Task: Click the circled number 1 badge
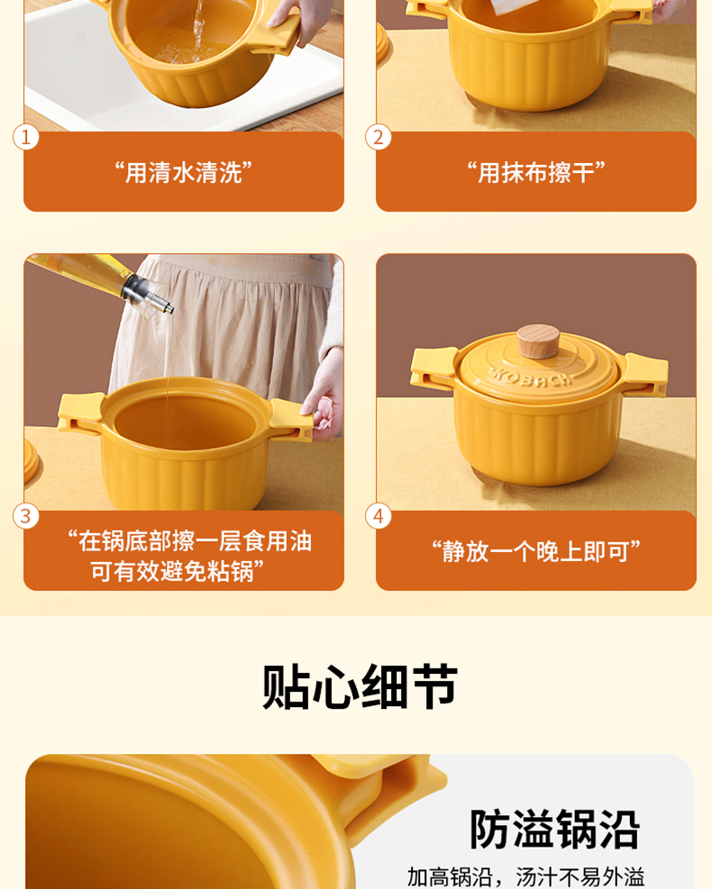pos(25,137)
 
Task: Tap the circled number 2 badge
pos(379,137)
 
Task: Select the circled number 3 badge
pos(25,516)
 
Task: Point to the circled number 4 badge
pos(379,516)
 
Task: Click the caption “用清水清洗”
pos(183,172)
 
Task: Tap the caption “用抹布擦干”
pos(536,172)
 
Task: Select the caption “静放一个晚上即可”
pos(536,550)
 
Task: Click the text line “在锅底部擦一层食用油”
pos(190,541)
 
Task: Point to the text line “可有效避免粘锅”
pos(178,571)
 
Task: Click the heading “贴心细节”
pos(360,686)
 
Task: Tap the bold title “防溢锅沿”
pos(555,830)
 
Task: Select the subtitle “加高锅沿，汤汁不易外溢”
pos(526,877)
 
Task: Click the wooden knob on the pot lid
pos(538,340)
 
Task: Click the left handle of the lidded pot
pos(433,368)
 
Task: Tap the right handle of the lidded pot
pos(646,373)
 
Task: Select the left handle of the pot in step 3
pos(80,413)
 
